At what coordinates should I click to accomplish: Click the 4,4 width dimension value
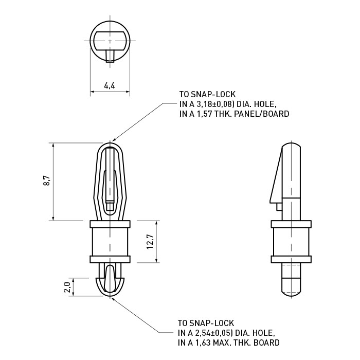[x=110, y=86]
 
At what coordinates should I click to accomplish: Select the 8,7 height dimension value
[x=47, y=181]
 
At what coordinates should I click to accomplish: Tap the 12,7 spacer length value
[x=150, y=242]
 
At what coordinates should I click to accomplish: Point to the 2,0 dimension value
[x=67, y=287]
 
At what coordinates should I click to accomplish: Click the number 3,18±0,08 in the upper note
[x=213, y=104]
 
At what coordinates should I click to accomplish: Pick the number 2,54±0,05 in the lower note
[x=212, y=333]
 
